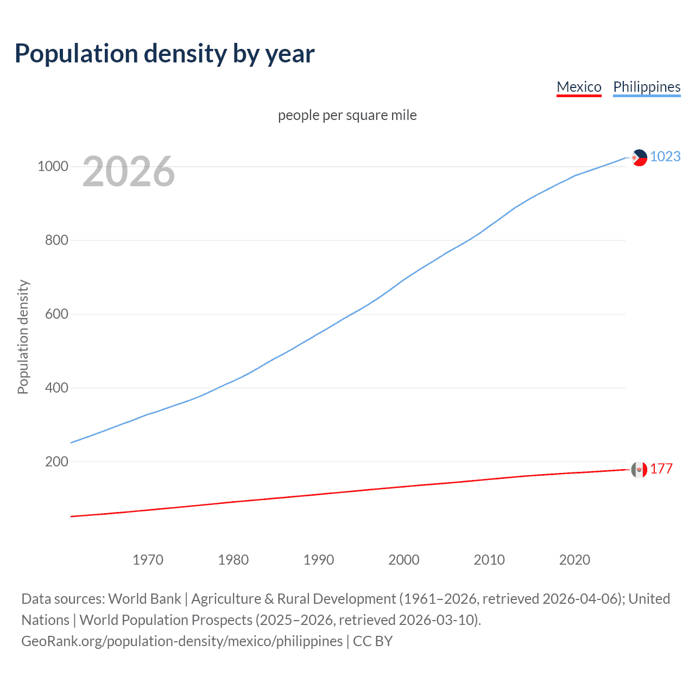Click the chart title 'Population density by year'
pos(165,54)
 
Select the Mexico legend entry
pos(579,87)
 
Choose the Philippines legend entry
pos(647,87)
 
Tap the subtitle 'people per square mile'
pos(347,115)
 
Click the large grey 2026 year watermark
pos(129,172)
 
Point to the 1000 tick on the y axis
pos(53,166)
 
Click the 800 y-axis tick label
pos(56,240)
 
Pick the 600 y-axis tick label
pos(56,314)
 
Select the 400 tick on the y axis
pos(56,388)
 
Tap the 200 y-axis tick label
pos(56,462)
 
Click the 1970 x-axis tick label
pos(148,560)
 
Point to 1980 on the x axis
pos(233,560)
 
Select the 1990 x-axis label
pos(319,560)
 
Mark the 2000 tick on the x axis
pos(404,560)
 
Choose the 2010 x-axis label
pos(489,560)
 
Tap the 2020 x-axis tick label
pos(574,560)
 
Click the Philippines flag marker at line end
pos(639,157)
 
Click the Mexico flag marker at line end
pos(639,469)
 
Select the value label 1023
pos(665,156)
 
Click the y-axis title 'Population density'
pos(23,337)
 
